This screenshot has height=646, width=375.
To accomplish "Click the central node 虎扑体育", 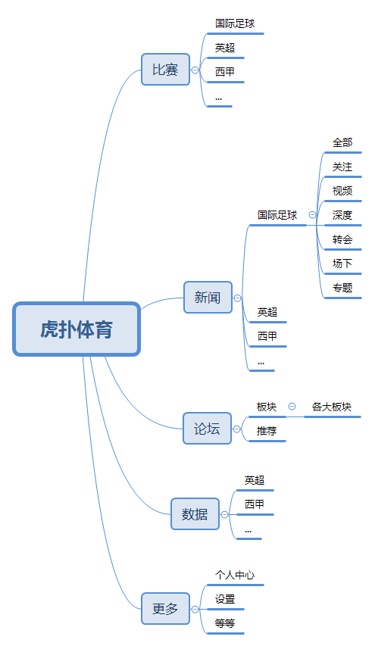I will click(x=77, y=329).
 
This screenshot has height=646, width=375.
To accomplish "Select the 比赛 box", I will click(x=165, y=70).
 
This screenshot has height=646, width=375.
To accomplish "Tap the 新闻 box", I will click(x=208, y=298).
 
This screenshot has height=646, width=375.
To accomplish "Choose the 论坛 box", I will click(x=208, y=429).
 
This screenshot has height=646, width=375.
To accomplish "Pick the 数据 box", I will click(x=195, y=514).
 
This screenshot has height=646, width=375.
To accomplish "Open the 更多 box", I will click(x=165, y=608).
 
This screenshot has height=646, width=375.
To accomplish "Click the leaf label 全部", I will click(x=342, y=142).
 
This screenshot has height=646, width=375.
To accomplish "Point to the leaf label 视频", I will click(x=342, y=191).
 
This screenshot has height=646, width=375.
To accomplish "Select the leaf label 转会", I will click(x=342, y=239).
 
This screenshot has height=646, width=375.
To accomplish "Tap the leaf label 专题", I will click(x=342, y=288).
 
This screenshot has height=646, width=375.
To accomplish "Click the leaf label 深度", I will click(x=342, y=215).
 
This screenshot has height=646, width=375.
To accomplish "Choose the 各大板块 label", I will click(x=332, y=407).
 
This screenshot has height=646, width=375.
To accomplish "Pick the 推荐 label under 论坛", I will click(x=267, y=431).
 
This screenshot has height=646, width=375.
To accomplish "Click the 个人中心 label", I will click(x=235, y=576).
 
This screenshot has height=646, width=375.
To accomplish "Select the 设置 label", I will click(x=225, y=599).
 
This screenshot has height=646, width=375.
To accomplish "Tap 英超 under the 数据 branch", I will click(x=254, y=480).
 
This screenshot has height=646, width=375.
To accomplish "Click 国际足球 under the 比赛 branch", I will click(x=235, y=24).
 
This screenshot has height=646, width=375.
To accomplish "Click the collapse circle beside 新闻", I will click(x=238, y=298).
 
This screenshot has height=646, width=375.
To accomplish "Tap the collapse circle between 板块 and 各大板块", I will click(x=292, y=407).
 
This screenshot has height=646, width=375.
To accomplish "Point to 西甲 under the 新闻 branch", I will click(x=267, y=336).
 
